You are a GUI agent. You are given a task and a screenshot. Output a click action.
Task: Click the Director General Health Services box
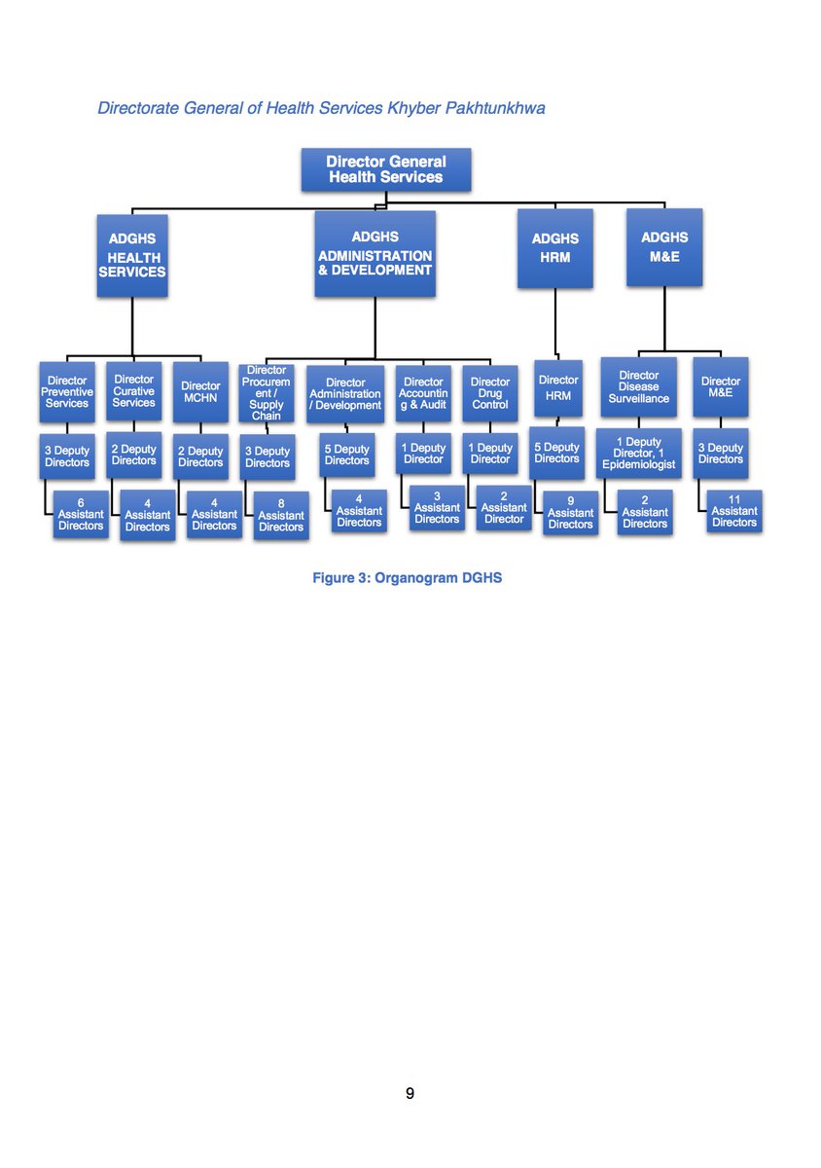(386, 169)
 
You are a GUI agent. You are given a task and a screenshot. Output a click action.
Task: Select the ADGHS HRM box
(554, 248)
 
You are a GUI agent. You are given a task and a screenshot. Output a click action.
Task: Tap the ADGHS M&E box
(664, 247)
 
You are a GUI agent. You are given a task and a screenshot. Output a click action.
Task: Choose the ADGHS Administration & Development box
(375, 253)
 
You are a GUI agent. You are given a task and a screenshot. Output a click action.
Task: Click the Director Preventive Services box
(67, 392)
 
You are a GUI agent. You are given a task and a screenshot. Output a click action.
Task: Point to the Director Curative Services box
(133, 391)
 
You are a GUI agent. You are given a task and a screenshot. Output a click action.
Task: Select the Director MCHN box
(200, 392)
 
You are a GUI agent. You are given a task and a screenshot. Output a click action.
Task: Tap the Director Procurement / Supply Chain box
(267, 393)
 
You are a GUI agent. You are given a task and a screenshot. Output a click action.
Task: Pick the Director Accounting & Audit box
(423, 393)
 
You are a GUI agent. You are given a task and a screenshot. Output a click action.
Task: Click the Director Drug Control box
(489, 393)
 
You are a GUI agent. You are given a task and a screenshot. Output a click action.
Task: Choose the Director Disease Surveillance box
(638, 387)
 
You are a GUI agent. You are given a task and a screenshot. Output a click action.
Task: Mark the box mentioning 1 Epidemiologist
(638, 454)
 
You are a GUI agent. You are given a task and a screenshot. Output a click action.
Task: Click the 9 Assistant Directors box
(570, 513)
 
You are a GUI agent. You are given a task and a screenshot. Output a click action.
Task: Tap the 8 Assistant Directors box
(281, 516)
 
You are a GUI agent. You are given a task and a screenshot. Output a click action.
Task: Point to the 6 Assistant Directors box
(81, 514)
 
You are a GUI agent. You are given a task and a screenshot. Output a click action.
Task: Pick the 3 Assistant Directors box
(437, 508)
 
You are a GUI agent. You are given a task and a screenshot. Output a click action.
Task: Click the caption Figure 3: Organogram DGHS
(407, 578)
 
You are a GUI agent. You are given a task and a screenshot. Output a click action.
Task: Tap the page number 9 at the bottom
(410, 1093)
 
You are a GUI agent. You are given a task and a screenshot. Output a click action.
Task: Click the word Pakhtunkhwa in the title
(494, 108)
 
